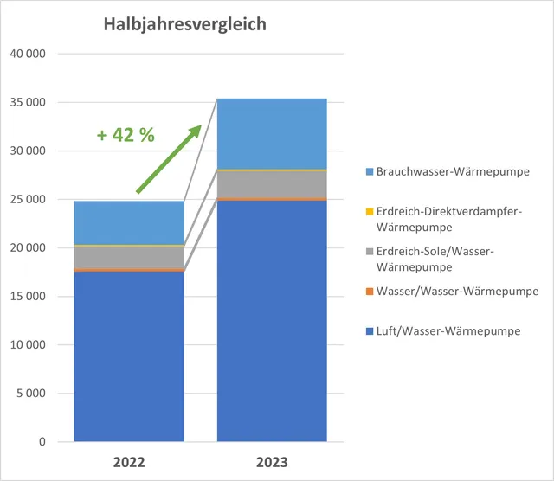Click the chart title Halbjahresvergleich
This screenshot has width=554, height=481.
pyautogui.click(x=185, y=24)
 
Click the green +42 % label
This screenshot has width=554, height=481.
pyautogui.click(x=126, y=135)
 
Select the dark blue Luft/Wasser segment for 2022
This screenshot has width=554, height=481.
pyautogui.click(x=129, y=355)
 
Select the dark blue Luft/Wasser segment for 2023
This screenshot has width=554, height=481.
pyautogui.click(x=272, y=320)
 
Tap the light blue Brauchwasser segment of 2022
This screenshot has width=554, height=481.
pyautogui.click(x=129, y=223)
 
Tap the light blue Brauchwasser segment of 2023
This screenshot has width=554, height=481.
pyautogui.click(x=272, y=133)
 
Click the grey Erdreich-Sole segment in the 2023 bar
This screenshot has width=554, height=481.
pyautogui.click(x=272, y=183)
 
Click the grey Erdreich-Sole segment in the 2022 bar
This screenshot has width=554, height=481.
pyautogui.click(x=129, y=257)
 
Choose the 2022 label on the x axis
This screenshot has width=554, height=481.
pyautogui.click(x=129, y=463)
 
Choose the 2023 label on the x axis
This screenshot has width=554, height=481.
pyautogui.click(x=272, y=463)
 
